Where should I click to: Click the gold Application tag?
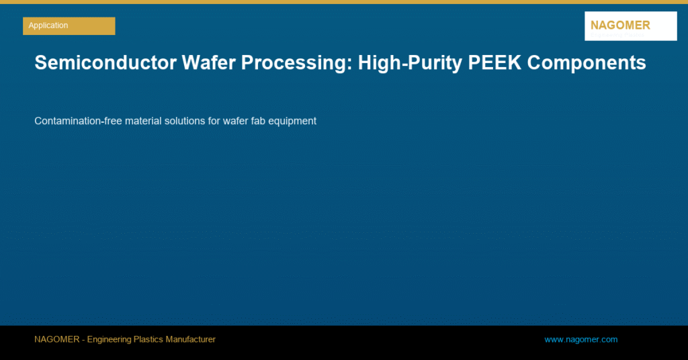point(69,26)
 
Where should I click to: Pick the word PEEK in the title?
point(494,62)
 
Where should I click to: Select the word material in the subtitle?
point(143,121)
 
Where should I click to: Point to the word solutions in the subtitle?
point(185,121)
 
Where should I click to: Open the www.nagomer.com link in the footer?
point(581,339)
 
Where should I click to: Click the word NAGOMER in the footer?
point(57,339)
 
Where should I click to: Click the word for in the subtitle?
point(214,121)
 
